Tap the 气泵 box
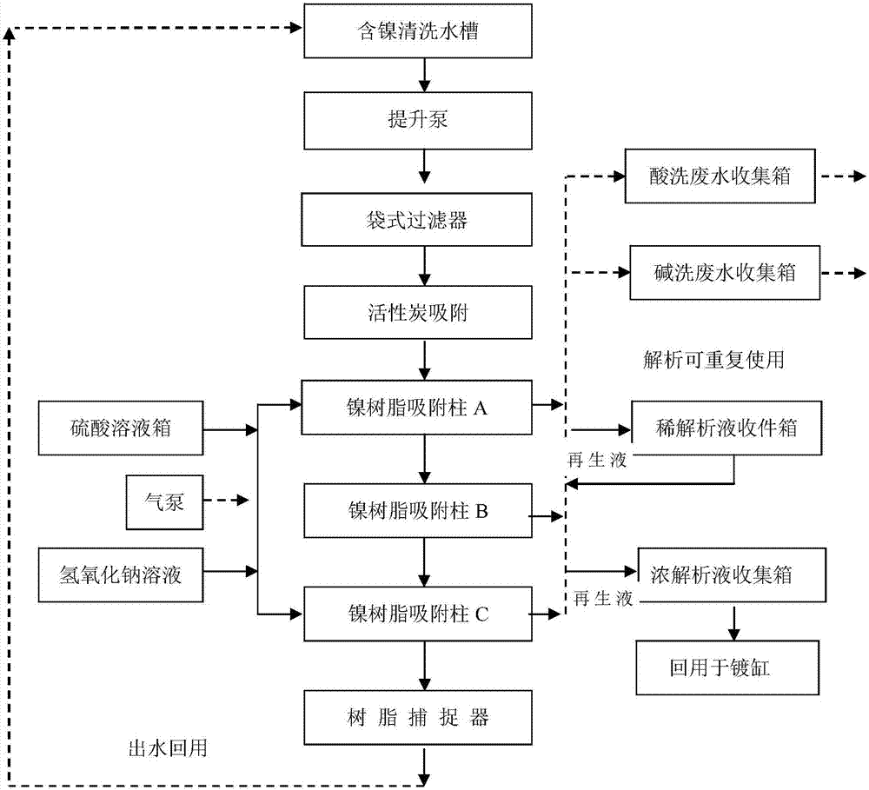tap(164, 501)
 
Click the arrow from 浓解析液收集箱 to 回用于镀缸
tap(735, 621)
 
